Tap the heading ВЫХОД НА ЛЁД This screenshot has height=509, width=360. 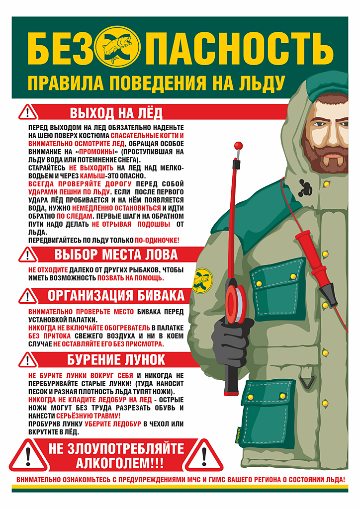point(116,112)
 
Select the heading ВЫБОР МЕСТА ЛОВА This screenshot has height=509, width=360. point(115,254)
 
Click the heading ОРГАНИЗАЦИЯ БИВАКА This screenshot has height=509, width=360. point(116,295)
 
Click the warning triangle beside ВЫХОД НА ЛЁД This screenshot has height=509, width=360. point(28,112)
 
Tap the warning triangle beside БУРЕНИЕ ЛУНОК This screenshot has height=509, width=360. point(28,359)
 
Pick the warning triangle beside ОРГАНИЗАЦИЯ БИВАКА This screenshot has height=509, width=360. point(28,296)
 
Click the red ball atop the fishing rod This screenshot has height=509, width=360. point(239,147)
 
